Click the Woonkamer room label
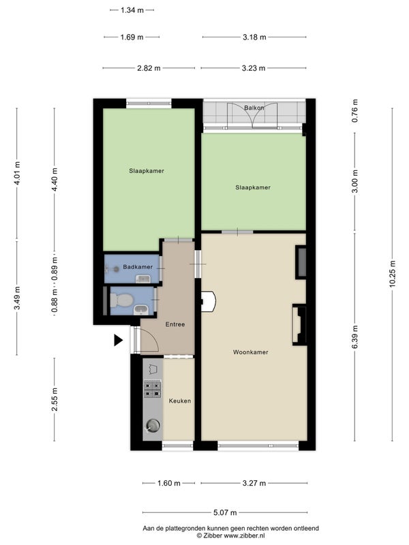[250, 352]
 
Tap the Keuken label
[180, 401]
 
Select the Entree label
[175, 324]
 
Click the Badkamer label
[138, 267]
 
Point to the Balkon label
[254, 108]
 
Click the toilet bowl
[121, 300]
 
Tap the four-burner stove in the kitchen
[153, 389]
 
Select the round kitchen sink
[153, 425]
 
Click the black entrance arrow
[118, 340]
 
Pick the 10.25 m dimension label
[393, 274]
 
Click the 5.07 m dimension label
[225, 512]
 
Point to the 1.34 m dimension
[132, 10]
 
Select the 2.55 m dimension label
[55, 399]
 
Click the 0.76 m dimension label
[354, 111]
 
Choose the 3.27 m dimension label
[254, 483]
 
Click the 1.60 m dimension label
[169, 483]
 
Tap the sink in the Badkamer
[142, 279]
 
